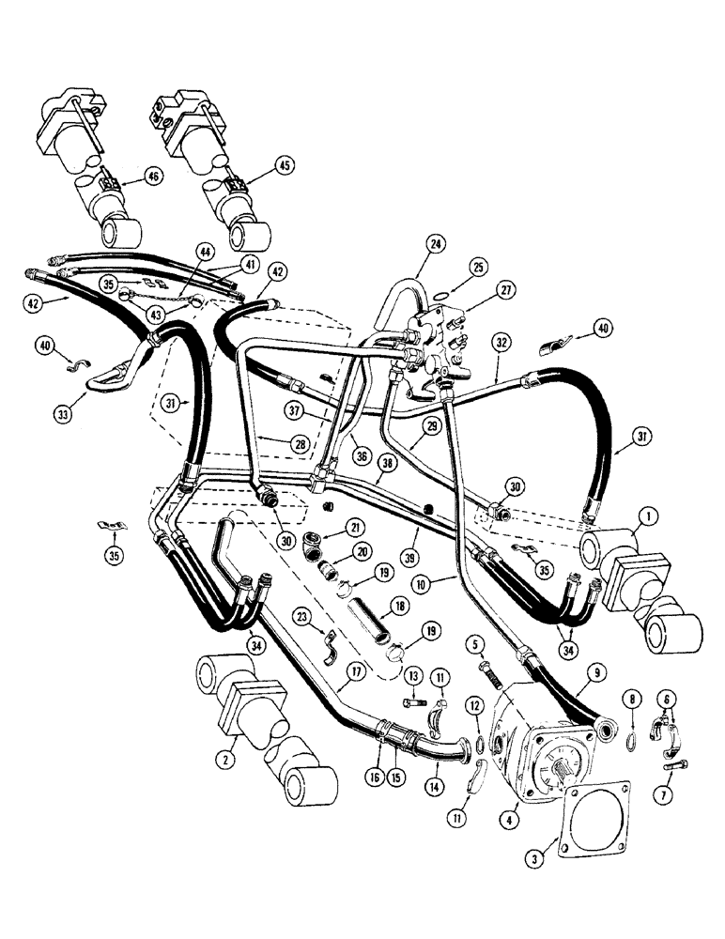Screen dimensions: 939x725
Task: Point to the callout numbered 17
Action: [x=356, y=671]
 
